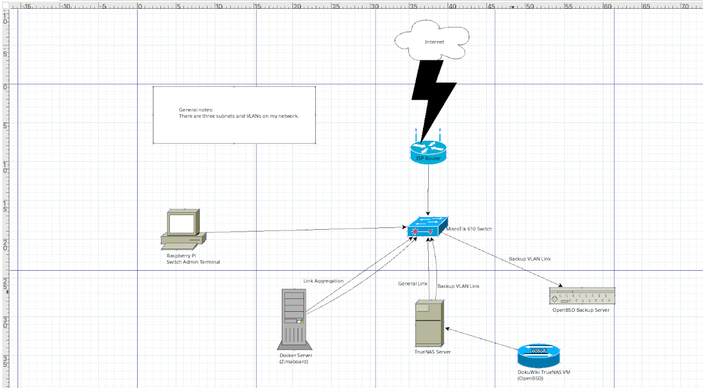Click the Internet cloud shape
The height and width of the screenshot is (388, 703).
point(434,41)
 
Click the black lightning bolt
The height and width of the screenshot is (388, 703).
point(434,94)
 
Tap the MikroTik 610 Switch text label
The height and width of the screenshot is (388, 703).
point(469,229)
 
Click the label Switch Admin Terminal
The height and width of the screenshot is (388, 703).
point(193,262)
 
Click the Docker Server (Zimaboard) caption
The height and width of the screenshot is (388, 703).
point(295,359)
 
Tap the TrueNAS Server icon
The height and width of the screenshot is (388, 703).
point(429,324)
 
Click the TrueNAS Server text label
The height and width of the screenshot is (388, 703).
point(432,352)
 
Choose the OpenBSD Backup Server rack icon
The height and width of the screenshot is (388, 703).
point(582,295)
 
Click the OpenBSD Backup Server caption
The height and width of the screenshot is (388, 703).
point(581,310)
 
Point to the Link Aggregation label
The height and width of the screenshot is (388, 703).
point(323,281)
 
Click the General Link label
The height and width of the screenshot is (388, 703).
point(412,284)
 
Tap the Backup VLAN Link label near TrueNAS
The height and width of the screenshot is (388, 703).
point(458,286)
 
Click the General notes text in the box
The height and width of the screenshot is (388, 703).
point(196,110)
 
